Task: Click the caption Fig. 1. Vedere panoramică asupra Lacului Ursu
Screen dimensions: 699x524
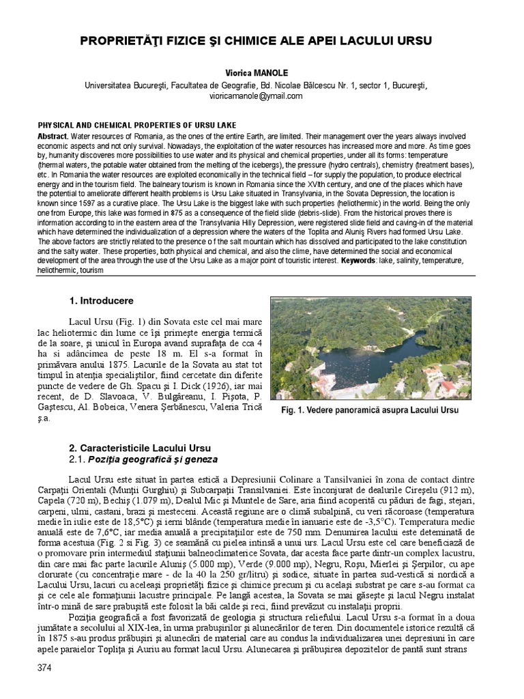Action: pyautogui.click(x=370, y=410)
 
